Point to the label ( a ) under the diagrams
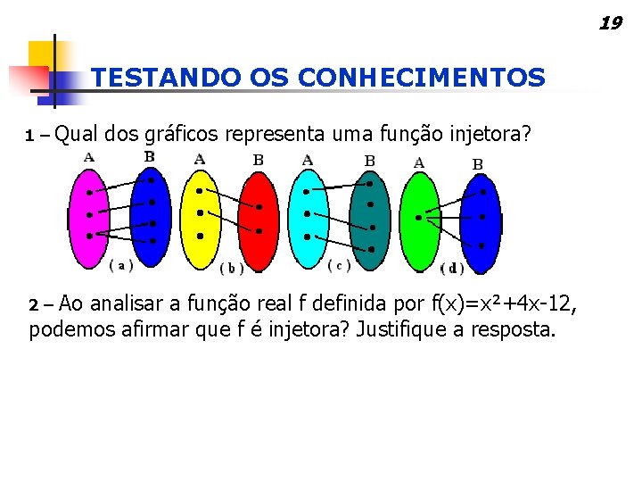[121, 264]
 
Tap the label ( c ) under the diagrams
[340, 265]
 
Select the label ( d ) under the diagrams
[452, 268]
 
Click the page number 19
[610, 23]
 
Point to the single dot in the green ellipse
[418, 217]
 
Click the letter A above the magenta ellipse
[89, 157]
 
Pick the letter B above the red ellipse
[258, 160]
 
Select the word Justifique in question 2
[399, 330]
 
